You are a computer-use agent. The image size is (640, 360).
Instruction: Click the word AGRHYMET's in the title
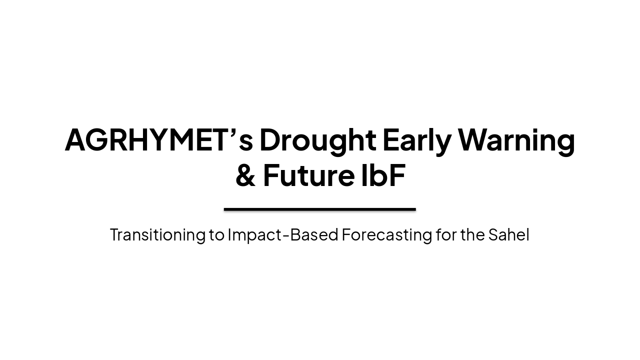[x=159, y=139]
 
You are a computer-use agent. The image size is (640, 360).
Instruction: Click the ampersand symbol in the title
[x=245, y=176]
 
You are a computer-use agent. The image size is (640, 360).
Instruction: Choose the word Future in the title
[x=301, y=176]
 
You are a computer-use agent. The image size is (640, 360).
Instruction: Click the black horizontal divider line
[x=320, y=209]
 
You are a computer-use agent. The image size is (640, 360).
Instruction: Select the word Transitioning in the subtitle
[x=157, y=234]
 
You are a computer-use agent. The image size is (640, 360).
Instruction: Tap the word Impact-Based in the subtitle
[x=283, y=234]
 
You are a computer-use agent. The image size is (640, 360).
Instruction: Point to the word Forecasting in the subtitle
[x=386, y=234]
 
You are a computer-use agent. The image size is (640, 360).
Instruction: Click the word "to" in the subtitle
[x=216, y=234]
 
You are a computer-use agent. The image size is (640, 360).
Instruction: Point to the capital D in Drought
[x=271, y=139]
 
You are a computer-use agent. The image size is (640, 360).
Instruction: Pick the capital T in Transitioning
[x=114, y=234]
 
